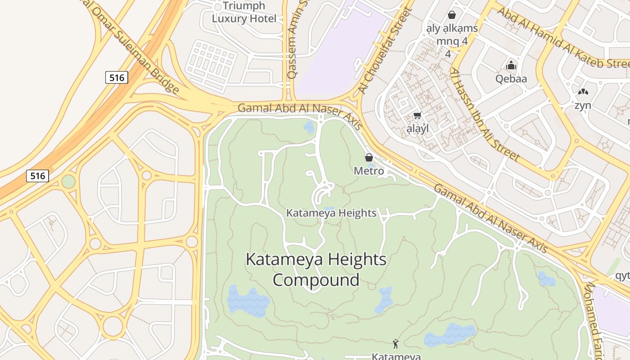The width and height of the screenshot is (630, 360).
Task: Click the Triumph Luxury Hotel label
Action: (244, 13)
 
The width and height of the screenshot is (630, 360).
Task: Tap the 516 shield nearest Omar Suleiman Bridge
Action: (117, 77)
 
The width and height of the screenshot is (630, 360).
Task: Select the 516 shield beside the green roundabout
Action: (37, 175)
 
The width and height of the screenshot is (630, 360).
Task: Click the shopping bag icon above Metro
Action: (369, 157)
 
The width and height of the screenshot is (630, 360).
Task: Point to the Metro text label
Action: (369, 171)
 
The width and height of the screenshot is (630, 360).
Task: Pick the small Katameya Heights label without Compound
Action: (331, 213)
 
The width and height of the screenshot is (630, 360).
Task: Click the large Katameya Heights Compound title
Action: (316, 270)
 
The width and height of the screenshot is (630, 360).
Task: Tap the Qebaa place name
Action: (511, 79)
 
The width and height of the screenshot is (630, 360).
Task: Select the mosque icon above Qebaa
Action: (511, 66)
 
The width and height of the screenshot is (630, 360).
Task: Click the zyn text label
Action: (583, 105)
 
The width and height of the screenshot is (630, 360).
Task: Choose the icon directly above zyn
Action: (583, 92)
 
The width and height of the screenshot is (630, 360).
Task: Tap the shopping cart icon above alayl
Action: (417, 116)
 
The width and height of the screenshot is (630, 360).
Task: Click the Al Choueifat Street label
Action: (385, 52)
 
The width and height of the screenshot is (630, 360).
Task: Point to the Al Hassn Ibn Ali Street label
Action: (485, 114)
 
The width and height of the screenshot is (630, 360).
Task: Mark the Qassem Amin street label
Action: (292, 40)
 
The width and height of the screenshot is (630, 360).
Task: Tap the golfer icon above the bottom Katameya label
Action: (396, 344)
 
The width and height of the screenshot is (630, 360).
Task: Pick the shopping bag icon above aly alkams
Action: (452, 15)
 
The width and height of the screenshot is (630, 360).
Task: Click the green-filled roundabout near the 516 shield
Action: (68, 181)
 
